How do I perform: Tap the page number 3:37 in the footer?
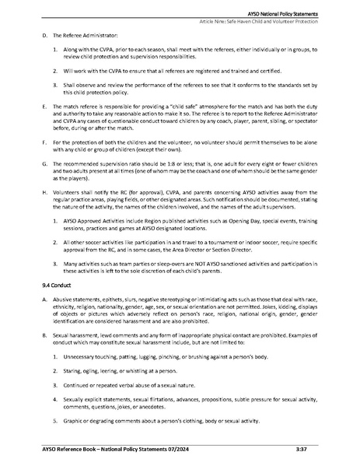point(335,450)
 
